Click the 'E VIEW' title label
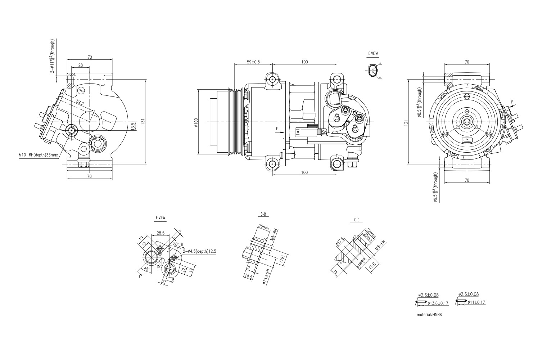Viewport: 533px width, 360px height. (373, 53)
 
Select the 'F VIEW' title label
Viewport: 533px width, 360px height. (161, 217)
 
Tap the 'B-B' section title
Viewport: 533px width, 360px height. (263, 214)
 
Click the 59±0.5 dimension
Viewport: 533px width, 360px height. (253, 62)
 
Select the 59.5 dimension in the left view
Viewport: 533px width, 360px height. (80, 103)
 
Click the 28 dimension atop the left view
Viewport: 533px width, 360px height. (80, 65)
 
